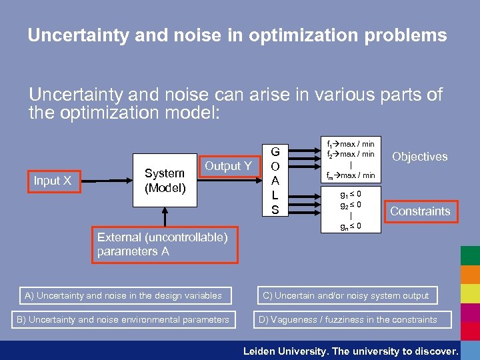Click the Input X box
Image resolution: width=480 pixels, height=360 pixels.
pos(53,181)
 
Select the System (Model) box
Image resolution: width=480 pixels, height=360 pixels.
pos(165,181)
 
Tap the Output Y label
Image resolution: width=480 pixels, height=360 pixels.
pos(228,166)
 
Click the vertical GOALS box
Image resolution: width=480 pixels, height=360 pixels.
pos(275,181)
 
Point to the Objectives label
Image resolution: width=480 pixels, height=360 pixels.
pos(419,157)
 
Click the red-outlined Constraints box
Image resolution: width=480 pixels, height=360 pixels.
pos(420,211)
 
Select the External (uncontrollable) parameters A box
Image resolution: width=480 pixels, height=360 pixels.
pos(163,244)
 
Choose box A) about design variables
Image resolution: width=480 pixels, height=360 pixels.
pos(123,295)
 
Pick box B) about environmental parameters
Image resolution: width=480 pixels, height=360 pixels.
pos(123,319)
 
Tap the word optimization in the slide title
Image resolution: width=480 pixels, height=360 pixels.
pos(311,35)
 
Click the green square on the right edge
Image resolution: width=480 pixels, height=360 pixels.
pos(470,256)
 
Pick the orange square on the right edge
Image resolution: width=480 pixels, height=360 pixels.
pos(470,275)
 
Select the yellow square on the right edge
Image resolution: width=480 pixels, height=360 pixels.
pos(470,293)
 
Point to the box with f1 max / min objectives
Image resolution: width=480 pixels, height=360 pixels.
pos(350,159)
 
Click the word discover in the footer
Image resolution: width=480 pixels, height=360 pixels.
pos(436,351)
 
